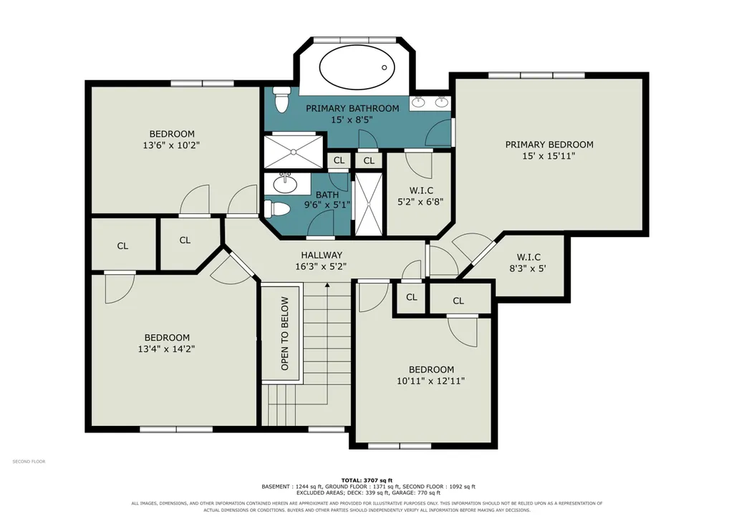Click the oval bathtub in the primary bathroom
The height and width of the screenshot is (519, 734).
point(357,67)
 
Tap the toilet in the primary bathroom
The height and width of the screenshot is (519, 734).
point(281,100)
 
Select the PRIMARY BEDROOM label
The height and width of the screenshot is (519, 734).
point(549,145)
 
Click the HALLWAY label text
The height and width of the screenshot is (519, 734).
point(322,255)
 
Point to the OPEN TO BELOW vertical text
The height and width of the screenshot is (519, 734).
point(284,334)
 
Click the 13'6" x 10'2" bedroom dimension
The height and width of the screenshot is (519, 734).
point(171,145)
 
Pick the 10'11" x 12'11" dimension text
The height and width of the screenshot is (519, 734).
point(430,381)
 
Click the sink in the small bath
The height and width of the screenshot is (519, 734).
point(284,183)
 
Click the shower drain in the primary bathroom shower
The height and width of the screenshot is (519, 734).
point(294,152)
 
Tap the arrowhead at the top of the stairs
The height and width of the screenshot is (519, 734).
point(327,284)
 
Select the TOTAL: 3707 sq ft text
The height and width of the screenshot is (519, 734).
point(367,480)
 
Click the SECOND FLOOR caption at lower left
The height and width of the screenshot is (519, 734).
point(29,462)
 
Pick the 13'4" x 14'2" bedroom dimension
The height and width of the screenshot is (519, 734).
point(166,349)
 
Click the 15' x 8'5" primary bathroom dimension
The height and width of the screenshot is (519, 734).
point(352,120)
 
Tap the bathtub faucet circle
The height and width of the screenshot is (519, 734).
point(385,68)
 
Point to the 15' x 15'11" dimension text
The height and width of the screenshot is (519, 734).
point(549,156)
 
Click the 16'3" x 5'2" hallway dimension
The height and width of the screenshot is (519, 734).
point(321,267)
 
